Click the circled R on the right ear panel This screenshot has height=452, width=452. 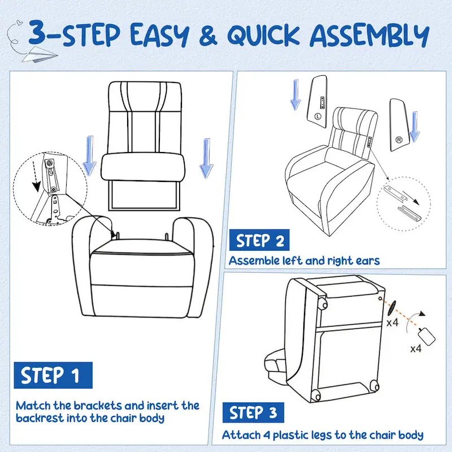[x=399, y=139]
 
